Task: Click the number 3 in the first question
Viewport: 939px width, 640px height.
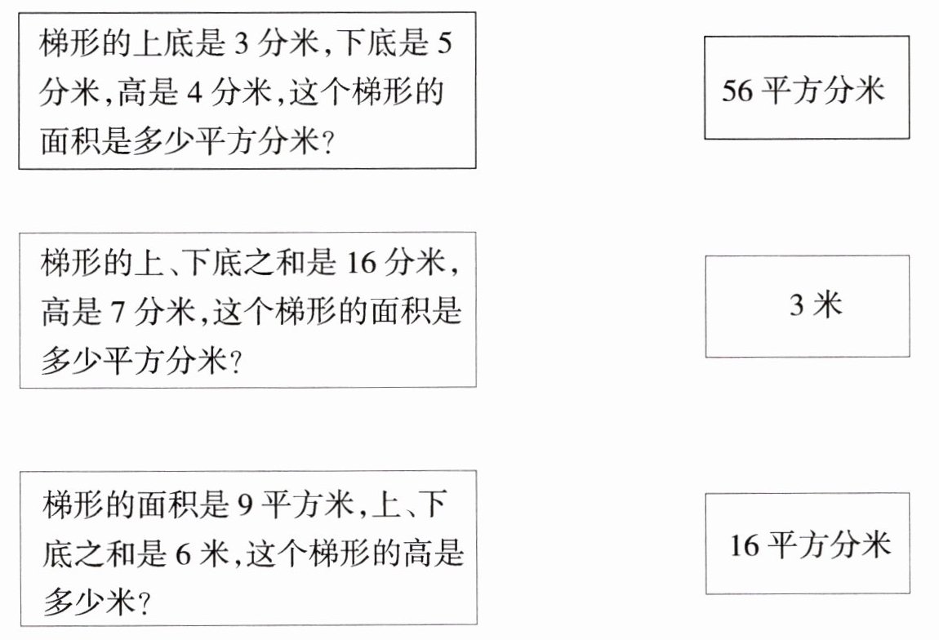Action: pyautogui.click(x=241, y=43)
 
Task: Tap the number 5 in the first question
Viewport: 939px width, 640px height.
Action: pyautogui.click(x=443, y=43)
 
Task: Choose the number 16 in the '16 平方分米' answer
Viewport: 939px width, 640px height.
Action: pyautogui.click(x=745, y=545)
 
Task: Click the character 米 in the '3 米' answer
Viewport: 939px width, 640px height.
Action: pyautogui.click(x=828, y=306)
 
